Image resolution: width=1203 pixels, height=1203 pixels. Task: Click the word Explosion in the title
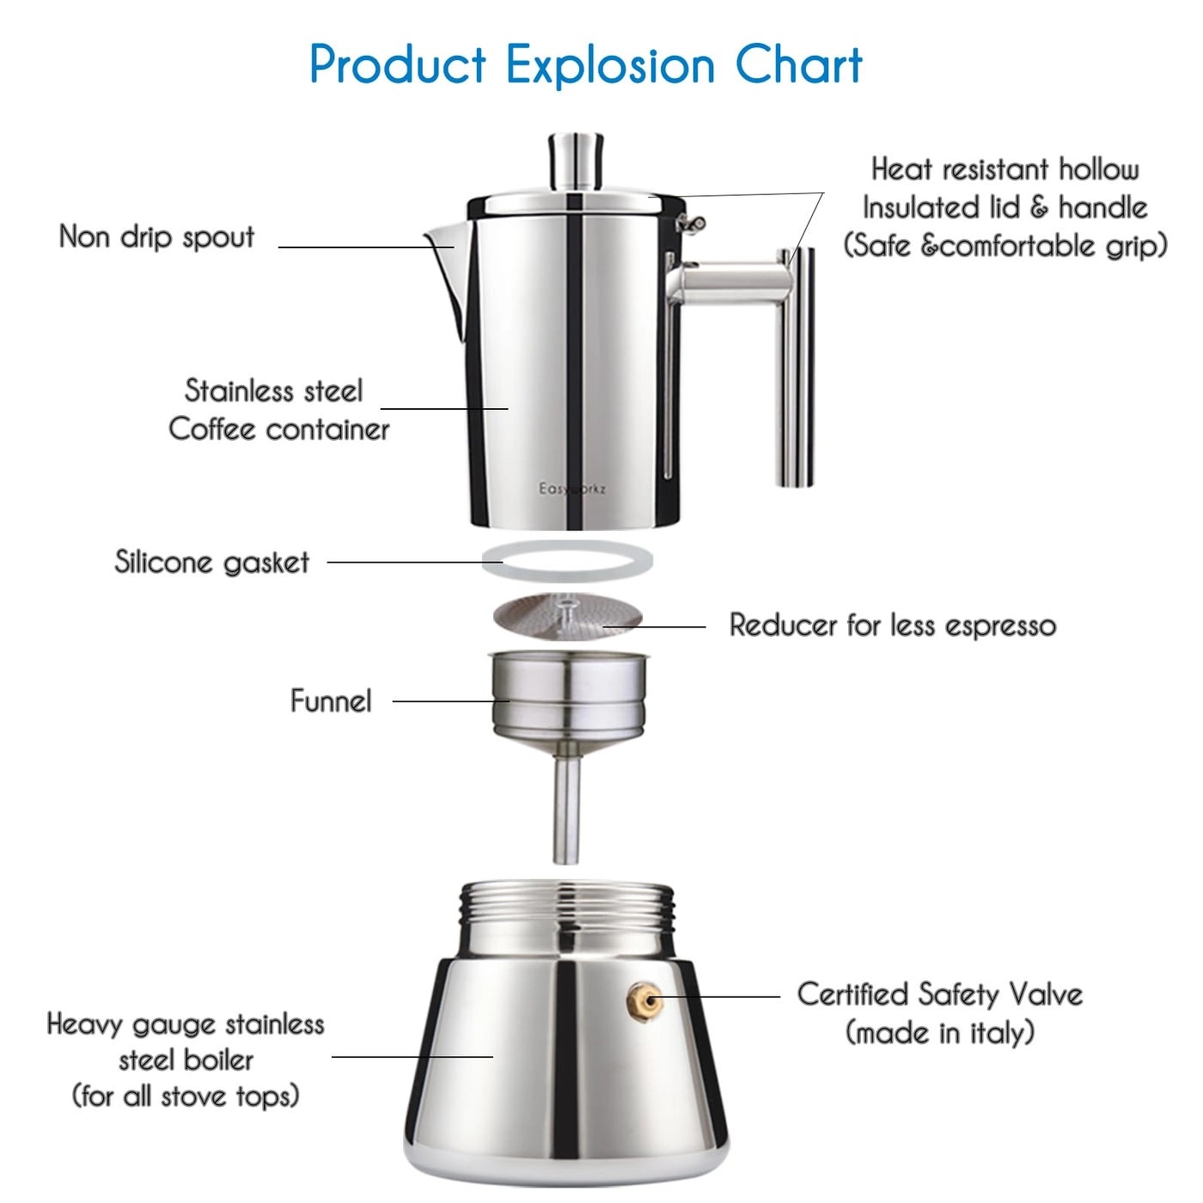(609, 65)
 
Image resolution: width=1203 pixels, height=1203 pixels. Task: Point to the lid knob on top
(575, 161)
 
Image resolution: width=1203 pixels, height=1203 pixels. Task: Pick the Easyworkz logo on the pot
(571, 489)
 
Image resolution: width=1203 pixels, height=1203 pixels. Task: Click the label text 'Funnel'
(331, 701)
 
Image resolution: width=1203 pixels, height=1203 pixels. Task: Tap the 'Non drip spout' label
(156, 237)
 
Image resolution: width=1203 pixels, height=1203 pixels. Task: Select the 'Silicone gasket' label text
(211, 562)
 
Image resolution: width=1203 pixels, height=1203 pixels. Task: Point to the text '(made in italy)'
(940, 1032)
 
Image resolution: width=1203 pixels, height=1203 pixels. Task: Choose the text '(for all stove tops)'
(186, 1096)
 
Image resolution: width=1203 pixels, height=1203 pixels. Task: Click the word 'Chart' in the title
(798, 65)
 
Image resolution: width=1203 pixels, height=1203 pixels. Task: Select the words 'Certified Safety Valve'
(939, 994)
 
